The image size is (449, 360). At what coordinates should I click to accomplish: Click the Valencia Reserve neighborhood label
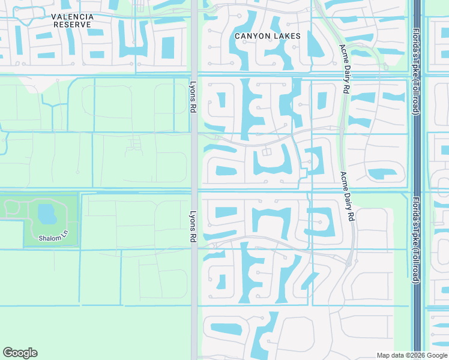click(x=72, y=20)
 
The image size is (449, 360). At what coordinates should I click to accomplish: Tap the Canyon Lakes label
click(x=267, y=36)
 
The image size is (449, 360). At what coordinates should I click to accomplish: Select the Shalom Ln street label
click(x=50, y=238)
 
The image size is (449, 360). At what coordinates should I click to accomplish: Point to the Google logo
click(x=20, y=353)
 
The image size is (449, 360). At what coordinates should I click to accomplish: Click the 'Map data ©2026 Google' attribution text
click(x=412, y=355)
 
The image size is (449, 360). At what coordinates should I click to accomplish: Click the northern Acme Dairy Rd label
click(x=344, y=69)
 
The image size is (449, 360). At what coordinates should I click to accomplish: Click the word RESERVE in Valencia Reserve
click(x=72, y=25)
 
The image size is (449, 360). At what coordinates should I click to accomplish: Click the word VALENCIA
click(x=72, y=16)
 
